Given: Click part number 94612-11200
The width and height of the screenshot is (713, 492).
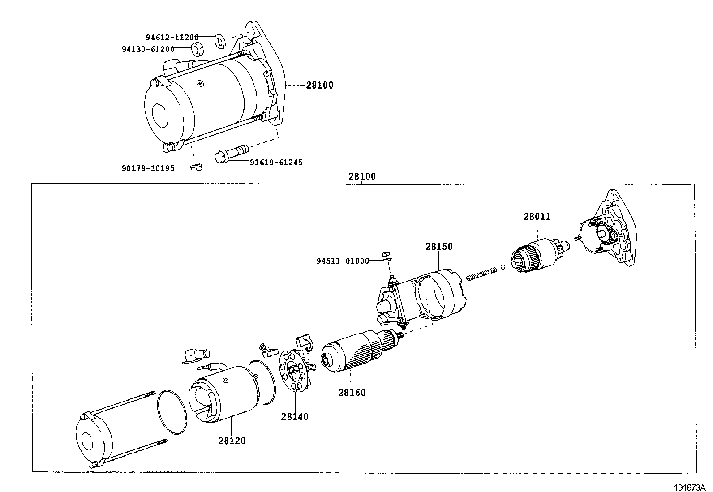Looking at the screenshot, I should (x=172, y=38).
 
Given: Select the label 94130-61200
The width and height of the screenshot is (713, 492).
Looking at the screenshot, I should (x=147, y=49).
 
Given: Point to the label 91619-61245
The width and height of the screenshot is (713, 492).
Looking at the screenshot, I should (x=276, y=162).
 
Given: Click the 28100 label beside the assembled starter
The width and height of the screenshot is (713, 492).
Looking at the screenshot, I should (x=319, y=86).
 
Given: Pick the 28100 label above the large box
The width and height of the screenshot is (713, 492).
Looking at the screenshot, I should (x=362, y=176).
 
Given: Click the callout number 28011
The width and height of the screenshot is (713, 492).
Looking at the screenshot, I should (x=537, y=217).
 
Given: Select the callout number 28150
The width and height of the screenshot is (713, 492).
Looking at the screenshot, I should (x=439, y=247).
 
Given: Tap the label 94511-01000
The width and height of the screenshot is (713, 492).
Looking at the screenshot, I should (x=343, y=261).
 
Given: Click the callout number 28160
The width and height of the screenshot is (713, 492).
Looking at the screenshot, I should (x=352, y=393).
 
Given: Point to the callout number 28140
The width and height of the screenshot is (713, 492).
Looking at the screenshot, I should (x=295, y=417).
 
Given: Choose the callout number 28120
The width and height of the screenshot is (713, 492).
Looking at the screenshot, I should (x=232, y=441).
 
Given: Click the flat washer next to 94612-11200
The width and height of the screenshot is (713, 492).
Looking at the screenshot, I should (x=220, y=41).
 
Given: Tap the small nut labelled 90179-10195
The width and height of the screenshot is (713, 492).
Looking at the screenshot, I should (x=196, y=167).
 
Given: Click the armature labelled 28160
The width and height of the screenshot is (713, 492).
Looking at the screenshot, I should (x=358, y=352).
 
